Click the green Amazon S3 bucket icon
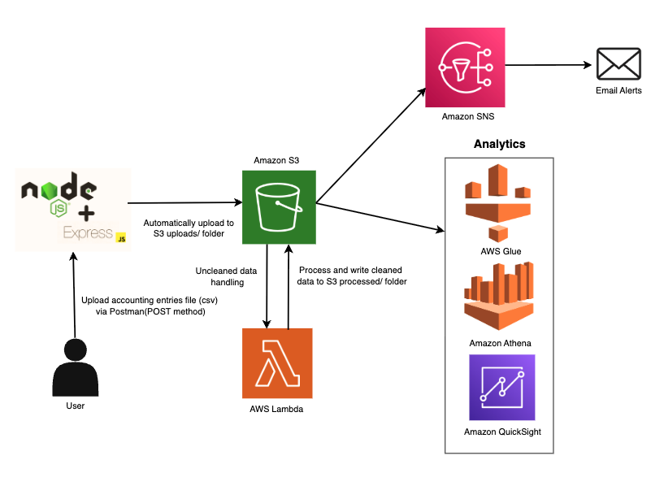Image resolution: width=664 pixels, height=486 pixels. click(x=278, y=206)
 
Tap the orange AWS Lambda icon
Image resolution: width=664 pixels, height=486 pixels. click(x=276, y=364)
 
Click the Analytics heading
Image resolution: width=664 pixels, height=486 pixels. click(x=500, y=144)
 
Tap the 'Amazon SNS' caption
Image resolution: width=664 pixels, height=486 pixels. click(x=467, y=116)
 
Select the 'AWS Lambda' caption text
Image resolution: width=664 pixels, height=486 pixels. click(x=276, y=409)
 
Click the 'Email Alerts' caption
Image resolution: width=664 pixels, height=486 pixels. click(x=618, y=90)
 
